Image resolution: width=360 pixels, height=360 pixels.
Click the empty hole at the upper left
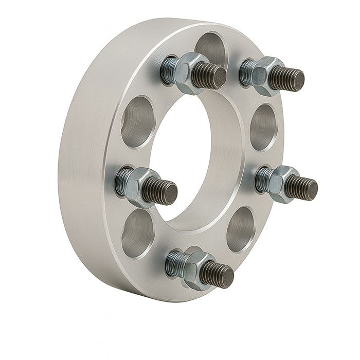click(137, 121)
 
